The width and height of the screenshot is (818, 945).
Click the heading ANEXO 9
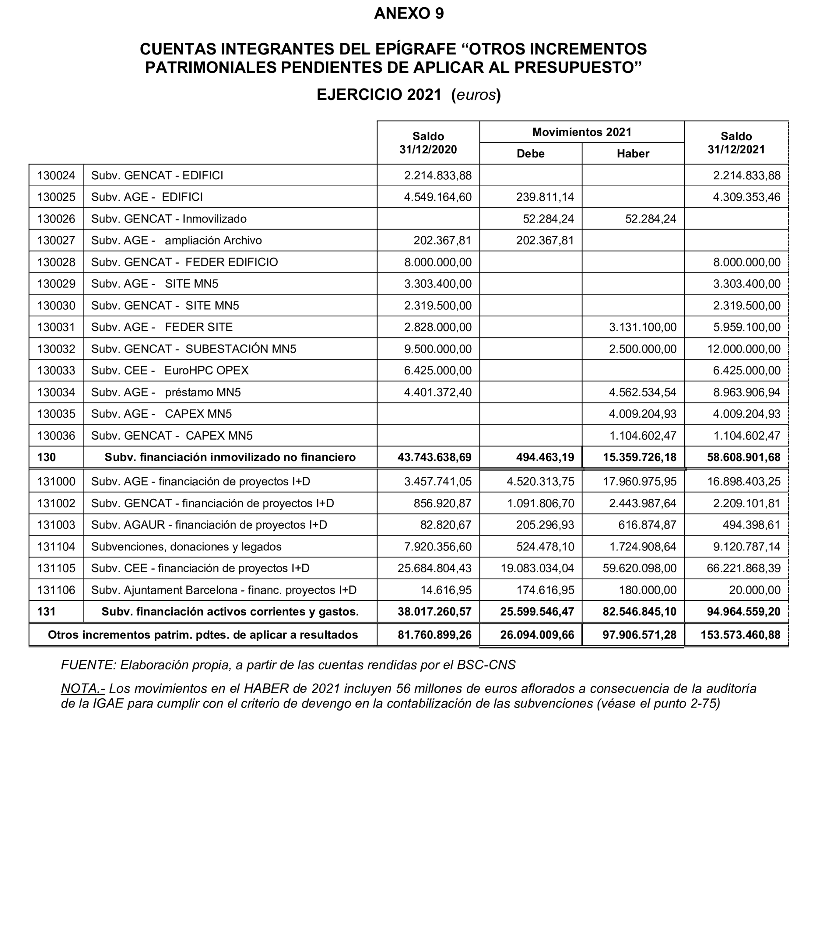[409, 14]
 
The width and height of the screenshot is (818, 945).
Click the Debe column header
[531, 154]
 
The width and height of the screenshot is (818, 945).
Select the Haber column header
[633, 154]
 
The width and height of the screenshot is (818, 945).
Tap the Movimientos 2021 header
[581, 132]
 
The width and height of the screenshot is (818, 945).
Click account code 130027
[56, 240]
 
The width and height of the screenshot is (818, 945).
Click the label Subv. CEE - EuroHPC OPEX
[170, 370]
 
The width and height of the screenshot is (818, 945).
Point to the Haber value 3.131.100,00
[643, 327]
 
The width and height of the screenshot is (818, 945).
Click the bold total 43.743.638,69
[434, 457]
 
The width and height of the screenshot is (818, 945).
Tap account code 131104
[56, 547]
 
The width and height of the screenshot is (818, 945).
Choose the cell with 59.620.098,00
[639, 568]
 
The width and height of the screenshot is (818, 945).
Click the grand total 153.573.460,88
[740, 635]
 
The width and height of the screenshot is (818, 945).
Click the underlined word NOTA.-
[83, 688]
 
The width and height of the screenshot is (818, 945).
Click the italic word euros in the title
[476, 95]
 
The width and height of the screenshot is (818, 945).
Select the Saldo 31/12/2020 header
[428, 142]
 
